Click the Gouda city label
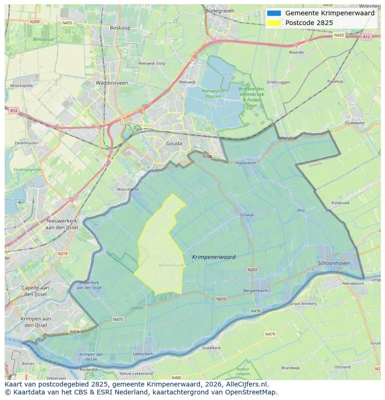(x=174, y=144)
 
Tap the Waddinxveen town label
(x=112, y=83)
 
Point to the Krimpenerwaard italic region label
(x=213, y=257)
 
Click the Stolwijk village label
(x=247, y=215)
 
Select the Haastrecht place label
(x=246, y=163)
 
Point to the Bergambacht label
(x=256, y=290)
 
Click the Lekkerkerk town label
(x=143, y=354)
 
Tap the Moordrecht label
(x=127, y=190)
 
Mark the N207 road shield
(x=252, y=269)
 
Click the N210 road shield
(x=221, y=299)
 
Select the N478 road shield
(x=255, y=311)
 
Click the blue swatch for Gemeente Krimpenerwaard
(x=274, y=13)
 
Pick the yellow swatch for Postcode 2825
(x=274, y=23)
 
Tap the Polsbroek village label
(x=340, y=203)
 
